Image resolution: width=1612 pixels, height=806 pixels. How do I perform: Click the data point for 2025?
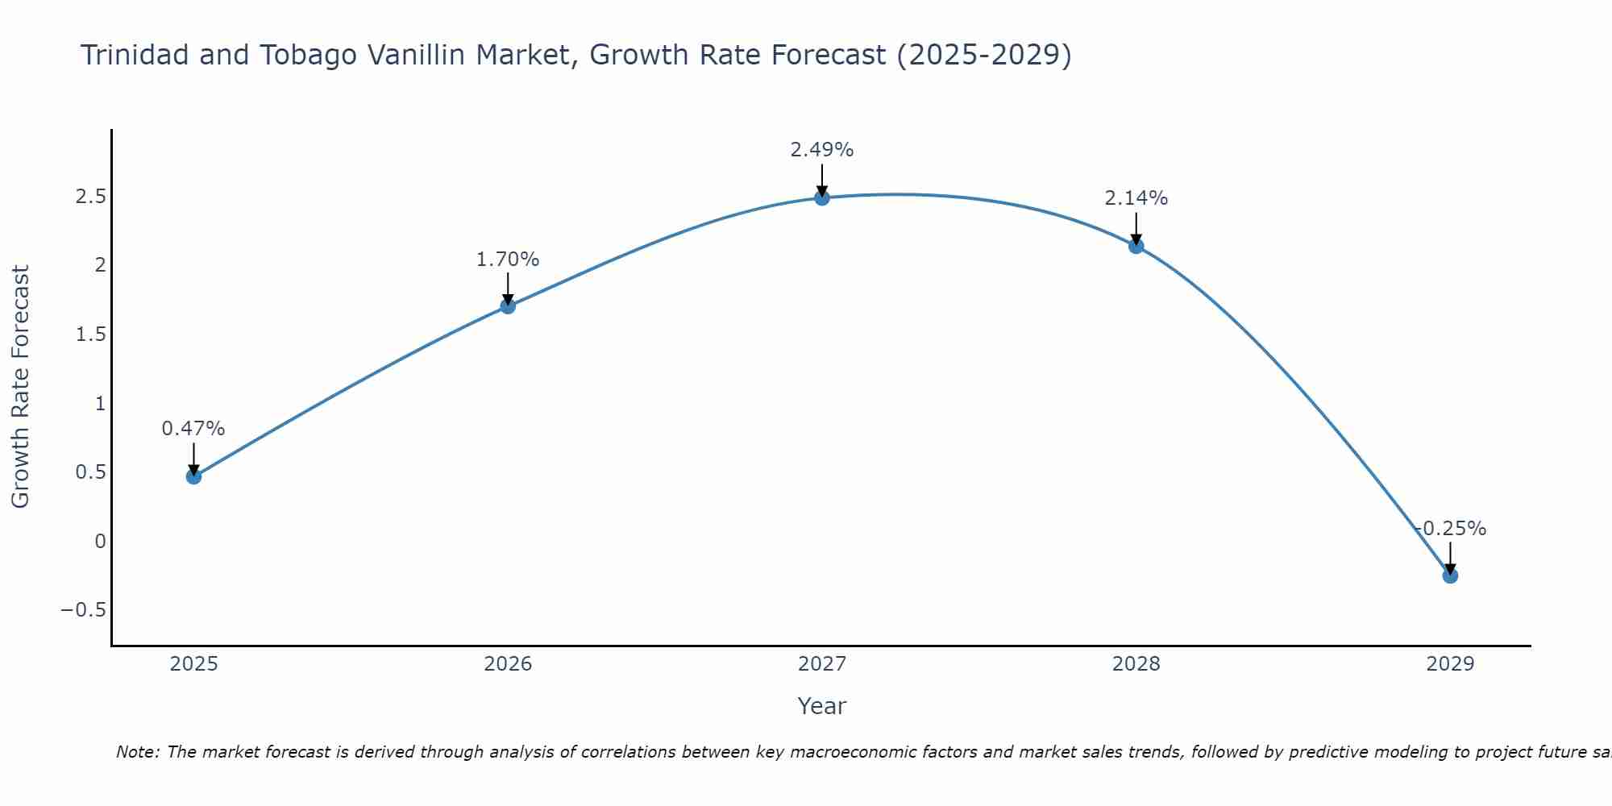[x=193, y=476]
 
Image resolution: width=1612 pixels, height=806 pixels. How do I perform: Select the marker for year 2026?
[x=508, y=306]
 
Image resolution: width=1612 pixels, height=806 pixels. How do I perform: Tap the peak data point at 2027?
[x=822, y=197]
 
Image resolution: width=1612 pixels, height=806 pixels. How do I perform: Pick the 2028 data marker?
[x=1136, y=246]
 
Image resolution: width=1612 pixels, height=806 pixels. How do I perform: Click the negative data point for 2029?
[x=1450, y=575]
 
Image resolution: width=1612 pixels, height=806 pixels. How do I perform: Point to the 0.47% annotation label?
[x=193, y=429]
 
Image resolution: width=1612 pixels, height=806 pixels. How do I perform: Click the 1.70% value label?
[x=508, y=260]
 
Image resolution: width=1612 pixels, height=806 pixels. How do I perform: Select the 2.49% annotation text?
[x=822, y=150]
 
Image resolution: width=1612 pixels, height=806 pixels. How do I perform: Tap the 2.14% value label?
[x=1136, y=198]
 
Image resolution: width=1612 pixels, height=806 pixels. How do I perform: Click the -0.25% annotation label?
[x=1451, y=529]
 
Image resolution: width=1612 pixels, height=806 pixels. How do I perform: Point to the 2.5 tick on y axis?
[x=91, y=197]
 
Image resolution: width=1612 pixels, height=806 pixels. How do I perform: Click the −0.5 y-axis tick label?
[x=84, y=610]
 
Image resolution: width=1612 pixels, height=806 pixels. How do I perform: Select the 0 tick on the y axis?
[x=100, y=541]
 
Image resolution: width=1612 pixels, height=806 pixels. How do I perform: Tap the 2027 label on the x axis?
[x=822, y=664]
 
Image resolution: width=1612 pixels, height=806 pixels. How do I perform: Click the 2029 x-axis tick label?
[x=1450, y=664]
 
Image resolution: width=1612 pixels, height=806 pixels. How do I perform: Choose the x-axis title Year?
[x=822, y=706]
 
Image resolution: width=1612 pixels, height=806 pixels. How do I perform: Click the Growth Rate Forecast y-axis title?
[x=20, y=387]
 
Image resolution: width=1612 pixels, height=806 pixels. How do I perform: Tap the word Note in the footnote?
[x=137, y=752]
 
